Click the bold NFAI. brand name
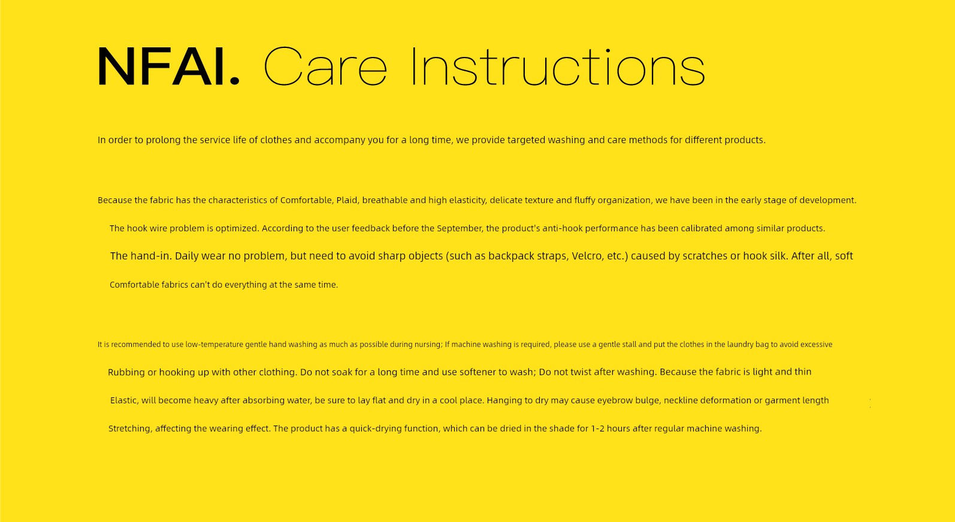(x=169, y=67)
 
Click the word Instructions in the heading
(x=558, y=67)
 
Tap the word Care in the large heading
(x=326, y=67)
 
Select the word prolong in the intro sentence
(x=164, y=140)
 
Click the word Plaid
(x=347, y=200)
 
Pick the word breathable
(x=385, y=200)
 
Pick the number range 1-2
(x=597, y=428)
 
